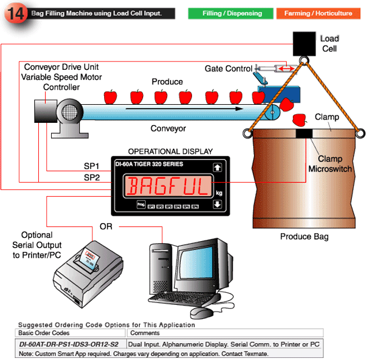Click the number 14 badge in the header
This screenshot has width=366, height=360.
point(15,14)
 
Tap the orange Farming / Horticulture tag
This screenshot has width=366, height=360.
point(318,13)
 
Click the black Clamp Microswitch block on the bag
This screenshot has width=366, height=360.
point(304,134)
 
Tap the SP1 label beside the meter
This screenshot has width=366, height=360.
point(91,167)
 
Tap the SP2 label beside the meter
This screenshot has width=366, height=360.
point(91,177)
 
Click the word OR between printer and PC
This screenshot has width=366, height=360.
point(106,226)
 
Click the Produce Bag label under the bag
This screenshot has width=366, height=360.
point(303,237)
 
